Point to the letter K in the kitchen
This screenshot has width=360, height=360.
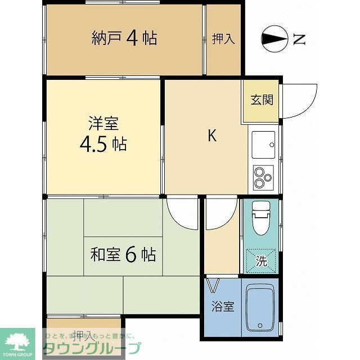point(212,136)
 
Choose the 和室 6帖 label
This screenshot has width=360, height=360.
point(123,254)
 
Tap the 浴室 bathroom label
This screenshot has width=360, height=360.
point(222,307)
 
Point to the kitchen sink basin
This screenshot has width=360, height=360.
point(263,145)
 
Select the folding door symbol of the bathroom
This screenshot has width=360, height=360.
point(213,286)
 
